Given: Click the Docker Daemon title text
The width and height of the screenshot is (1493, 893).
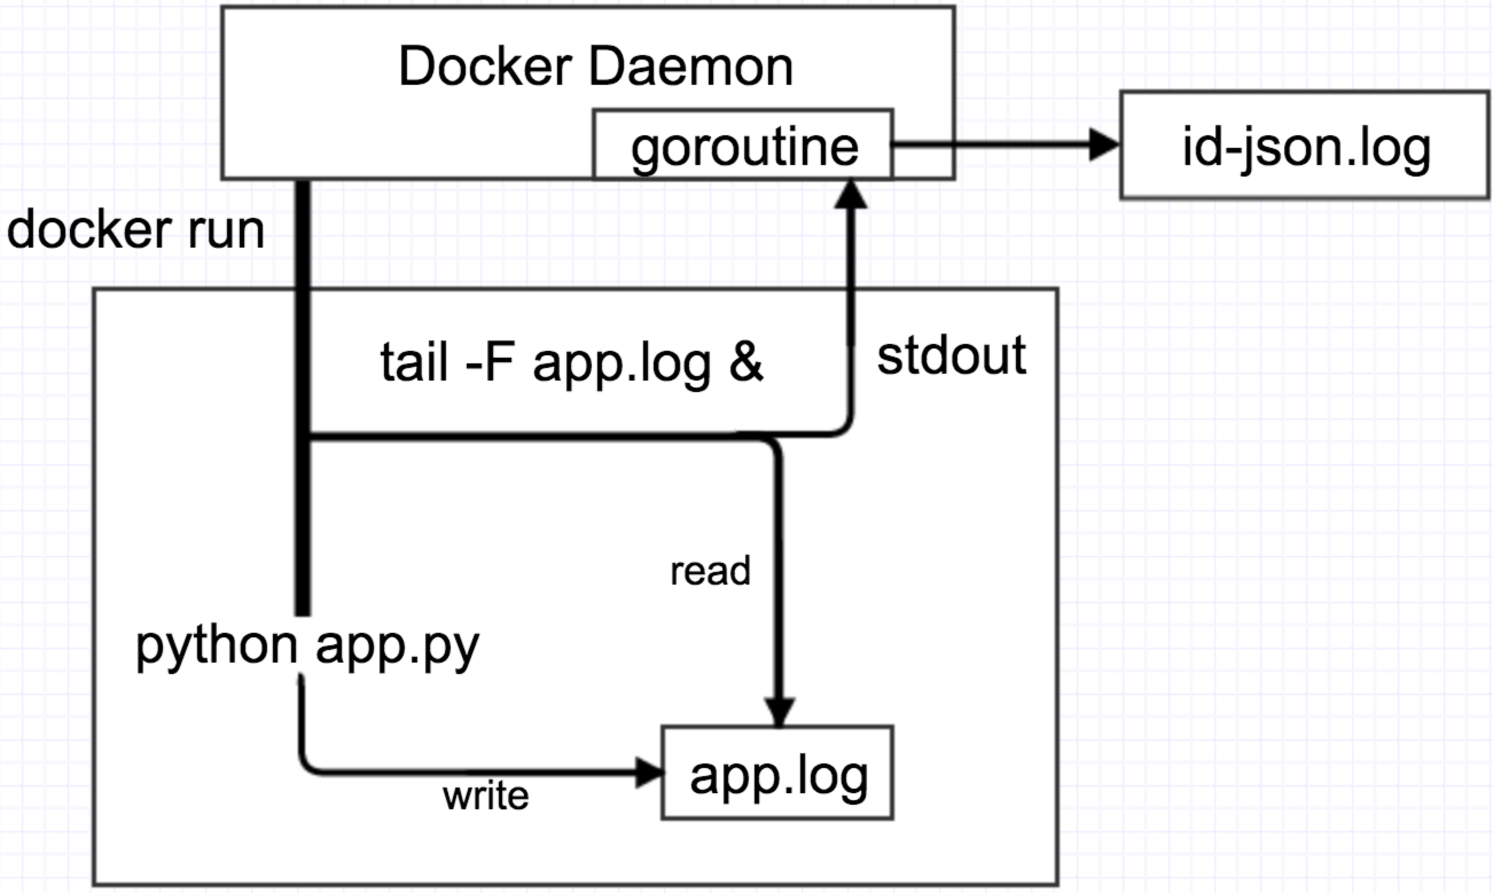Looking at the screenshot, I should (595, 66).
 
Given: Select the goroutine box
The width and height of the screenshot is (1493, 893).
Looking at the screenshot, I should (743, 145).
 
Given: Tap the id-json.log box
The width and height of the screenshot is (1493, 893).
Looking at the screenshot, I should (1304, 145).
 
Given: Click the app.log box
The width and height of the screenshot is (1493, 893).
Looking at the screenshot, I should (777, 773).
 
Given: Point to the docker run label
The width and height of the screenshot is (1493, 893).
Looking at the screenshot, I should (135, 230).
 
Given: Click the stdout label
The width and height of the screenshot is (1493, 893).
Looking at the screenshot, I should (951, 357).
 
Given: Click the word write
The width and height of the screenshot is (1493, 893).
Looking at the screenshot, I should (486, 796).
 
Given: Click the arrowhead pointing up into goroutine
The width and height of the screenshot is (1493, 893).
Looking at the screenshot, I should (850, 194).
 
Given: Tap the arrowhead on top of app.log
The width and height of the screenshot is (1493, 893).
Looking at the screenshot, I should (779, 712).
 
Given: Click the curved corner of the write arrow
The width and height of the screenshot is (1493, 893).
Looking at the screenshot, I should (307, 765).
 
